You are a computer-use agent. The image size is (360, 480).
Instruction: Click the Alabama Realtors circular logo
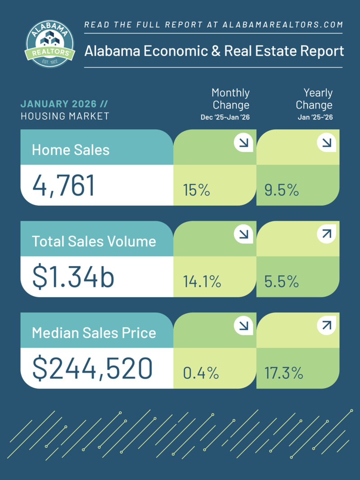click(x=50, y=43)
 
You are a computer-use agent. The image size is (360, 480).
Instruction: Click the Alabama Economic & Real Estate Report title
click(x=214, y=50)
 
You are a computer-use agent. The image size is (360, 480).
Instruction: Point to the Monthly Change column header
click(x=231, y=99)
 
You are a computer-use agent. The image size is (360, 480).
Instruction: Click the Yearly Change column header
click(x=314, y=99)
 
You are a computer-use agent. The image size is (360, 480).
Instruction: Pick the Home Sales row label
click(x=71, y=149)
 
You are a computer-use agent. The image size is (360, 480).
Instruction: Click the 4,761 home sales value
click(x=63, y=186)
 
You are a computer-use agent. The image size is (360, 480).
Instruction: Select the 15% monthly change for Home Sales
click(x=197, y=190)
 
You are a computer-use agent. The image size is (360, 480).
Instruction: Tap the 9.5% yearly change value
click(x=282, y=190)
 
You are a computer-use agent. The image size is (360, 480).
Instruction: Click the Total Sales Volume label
click(x=94, y=241)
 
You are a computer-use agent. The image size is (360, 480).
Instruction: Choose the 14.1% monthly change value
click(x=202, y=282)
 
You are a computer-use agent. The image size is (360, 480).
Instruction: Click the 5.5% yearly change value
click(x=282, y=282)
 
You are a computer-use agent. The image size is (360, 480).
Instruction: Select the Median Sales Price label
click(x=94, y=333)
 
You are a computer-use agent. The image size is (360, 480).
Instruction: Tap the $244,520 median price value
click(x=92, y=369)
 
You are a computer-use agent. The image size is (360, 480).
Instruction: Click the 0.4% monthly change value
click(x=201, y=373)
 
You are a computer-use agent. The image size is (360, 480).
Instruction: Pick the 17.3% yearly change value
click(x=283, y=373)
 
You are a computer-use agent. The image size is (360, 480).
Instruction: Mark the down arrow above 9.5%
click(x=326, y=143)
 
